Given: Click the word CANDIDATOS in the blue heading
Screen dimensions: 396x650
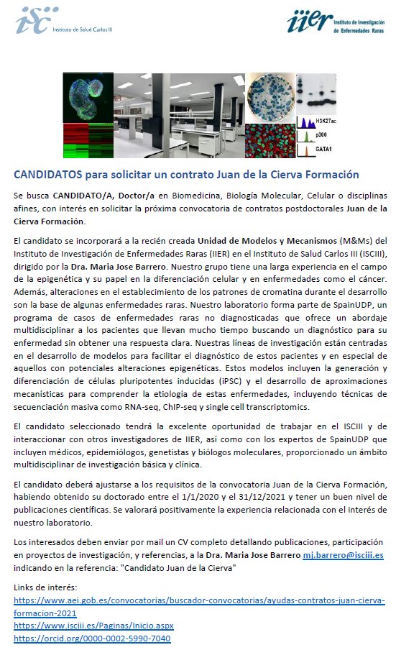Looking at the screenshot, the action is (x=47, y=175).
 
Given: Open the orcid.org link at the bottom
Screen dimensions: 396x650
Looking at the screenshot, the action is (x=92, y=638).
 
